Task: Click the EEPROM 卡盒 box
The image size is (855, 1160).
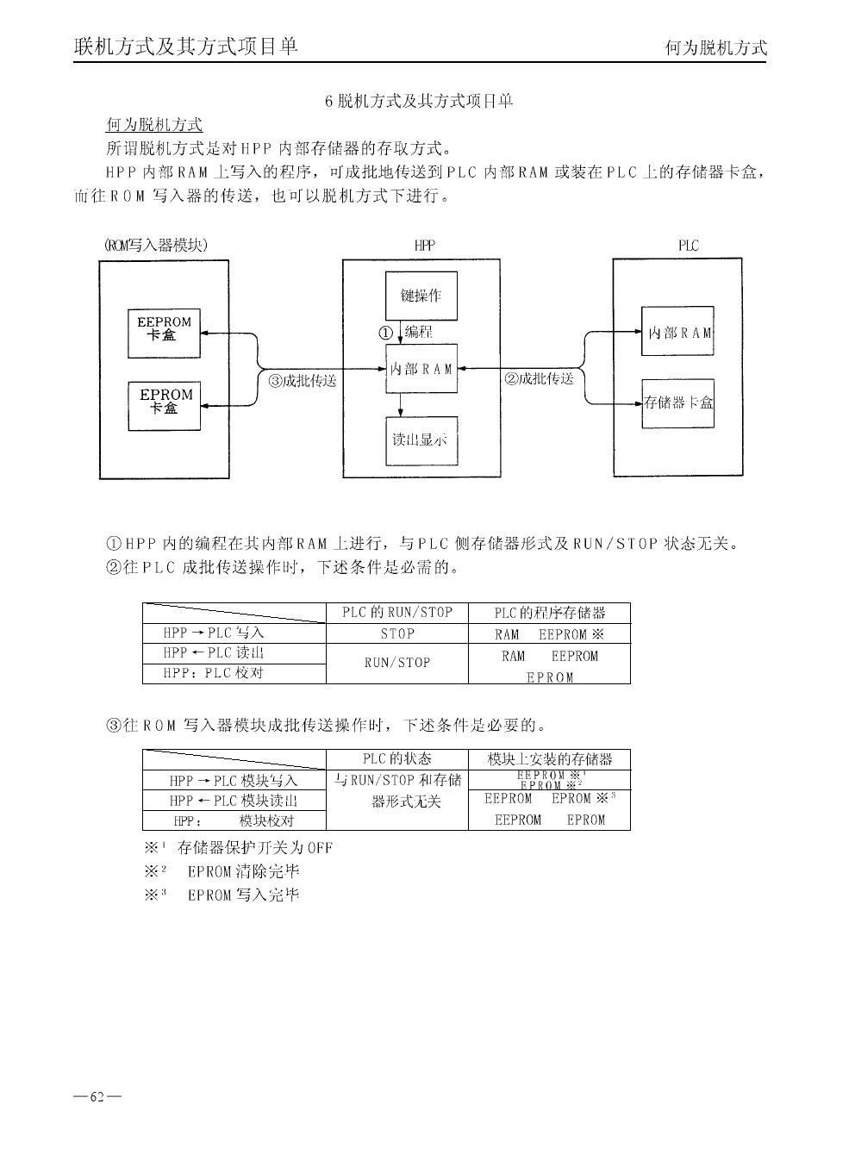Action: [164, 333]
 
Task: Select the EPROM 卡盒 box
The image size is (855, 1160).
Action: [164, 405]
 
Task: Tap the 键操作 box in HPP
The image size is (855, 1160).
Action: [421, 296]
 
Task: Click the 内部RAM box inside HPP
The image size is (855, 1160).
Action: [421, 369]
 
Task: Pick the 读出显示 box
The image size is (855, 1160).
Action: [421, 440]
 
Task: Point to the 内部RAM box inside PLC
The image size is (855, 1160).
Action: [678, 332]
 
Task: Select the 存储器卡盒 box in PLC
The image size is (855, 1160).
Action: [678, 402]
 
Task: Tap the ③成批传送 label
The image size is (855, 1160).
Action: [302, 380]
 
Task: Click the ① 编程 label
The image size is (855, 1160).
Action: [406, 332]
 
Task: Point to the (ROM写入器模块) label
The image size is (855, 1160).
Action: [155, 245]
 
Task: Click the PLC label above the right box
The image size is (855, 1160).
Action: [688, 246]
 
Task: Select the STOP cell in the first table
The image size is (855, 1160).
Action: [397, 633]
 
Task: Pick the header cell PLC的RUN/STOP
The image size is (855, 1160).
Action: [397, 613]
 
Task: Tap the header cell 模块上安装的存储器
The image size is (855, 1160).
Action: [549, 759]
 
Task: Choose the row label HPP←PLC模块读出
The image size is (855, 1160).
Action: [234, 801]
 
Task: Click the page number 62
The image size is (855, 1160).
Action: [97, 1097]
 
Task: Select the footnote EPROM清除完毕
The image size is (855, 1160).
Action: [243, 871]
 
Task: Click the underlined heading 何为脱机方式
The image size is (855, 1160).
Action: [153, 126]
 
